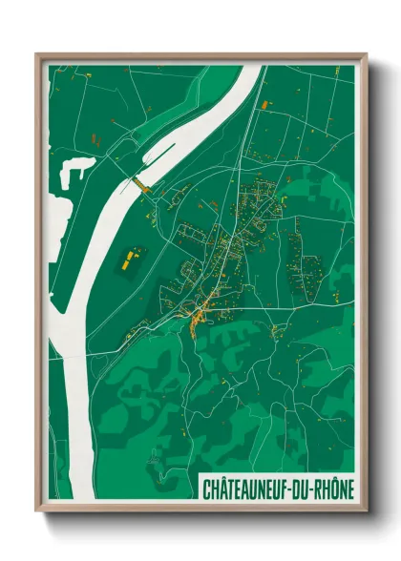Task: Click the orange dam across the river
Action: tap(140, 183)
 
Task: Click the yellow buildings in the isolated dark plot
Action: tap(130, 258)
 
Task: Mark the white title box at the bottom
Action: tap(277, 489)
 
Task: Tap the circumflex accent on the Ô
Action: tap(330, 480)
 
